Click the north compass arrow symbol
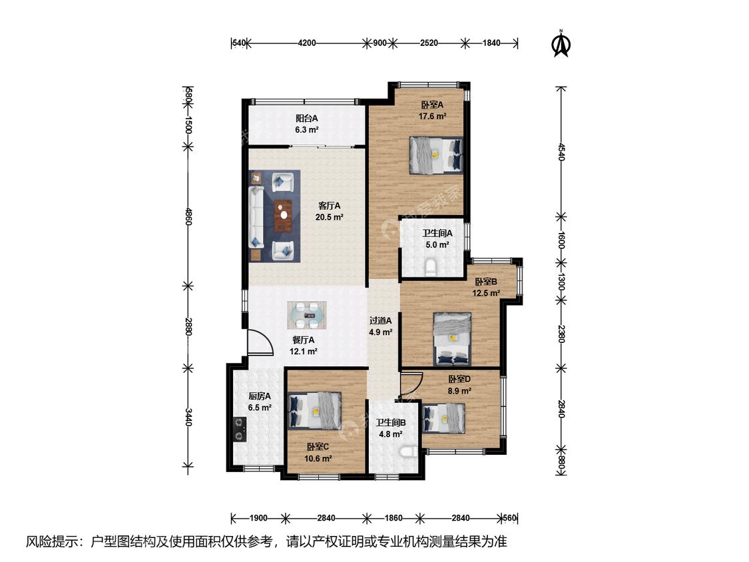click(561, 44)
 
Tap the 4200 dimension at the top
click(307, 43)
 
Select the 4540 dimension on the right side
click(562, 152)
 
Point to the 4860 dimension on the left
click(188, 216)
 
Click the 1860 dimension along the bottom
click(393, 517)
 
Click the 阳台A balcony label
click(307, 118)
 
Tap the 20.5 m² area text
click(329, 217)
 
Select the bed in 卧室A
click(436, 155)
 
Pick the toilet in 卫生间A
click(431, 266)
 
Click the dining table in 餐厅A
click(307, 315)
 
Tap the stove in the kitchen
click(239, 429)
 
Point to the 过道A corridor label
click(381, 321)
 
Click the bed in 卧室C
click(315, 410)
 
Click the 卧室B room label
click(486, 282)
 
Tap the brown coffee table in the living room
click(283, 216)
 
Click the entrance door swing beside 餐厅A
click(260, 342)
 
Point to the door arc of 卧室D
click(411, 382)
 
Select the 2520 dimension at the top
click(429, 43)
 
